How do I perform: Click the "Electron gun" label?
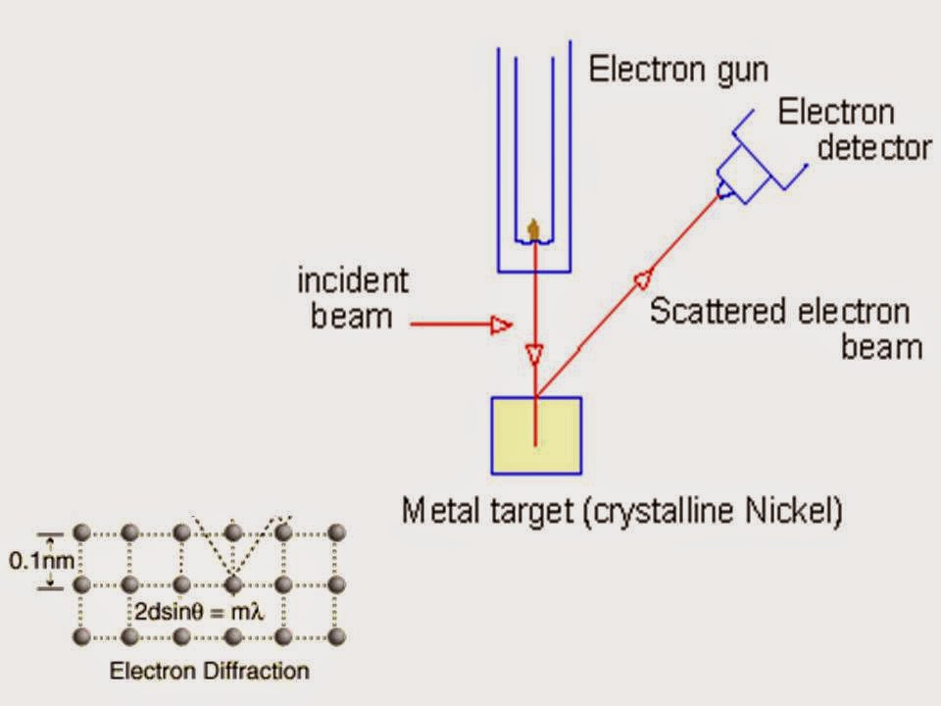coord(679,70)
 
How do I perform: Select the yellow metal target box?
coord(536,434)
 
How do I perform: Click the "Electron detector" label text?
coord(853,129)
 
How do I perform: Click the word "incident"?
coord(352,282)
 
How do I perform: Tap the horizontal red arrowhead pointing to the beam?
coord(500,324)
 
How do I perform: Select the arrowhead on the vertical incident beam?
coord(534,353)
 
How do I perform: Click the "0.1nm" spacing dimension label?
coord(39,561)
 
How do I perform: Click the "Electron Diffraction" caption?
coord(209,672)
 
